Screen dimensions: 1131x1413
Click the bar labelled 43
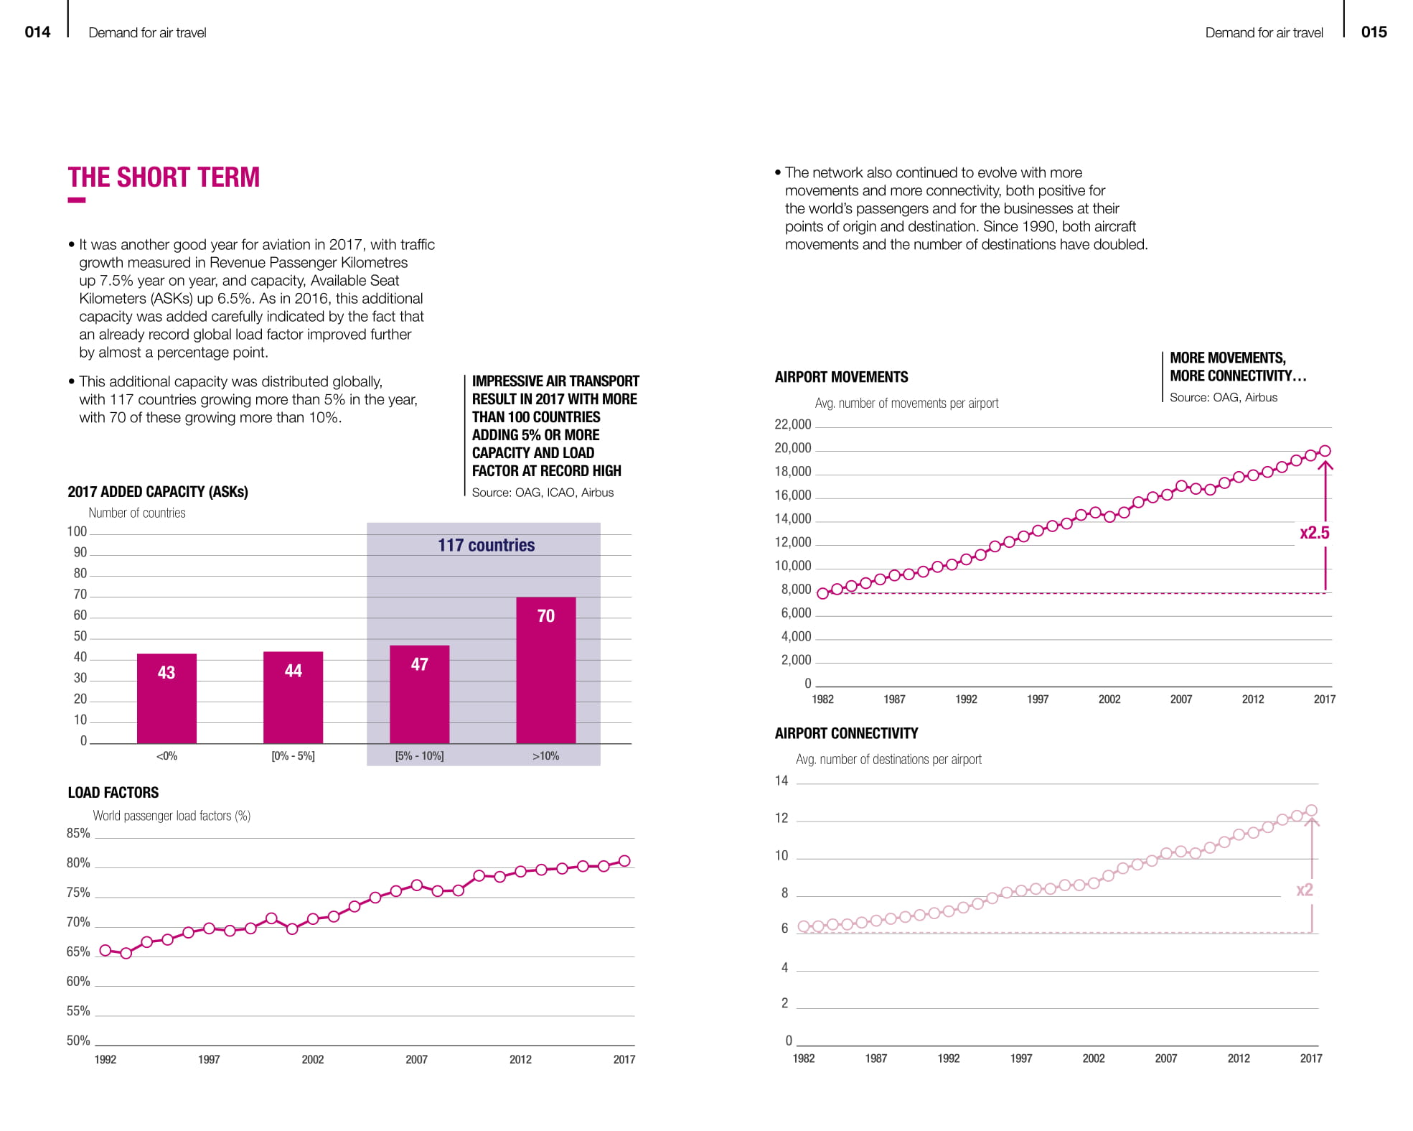pyautogui.click(x=166, y=698)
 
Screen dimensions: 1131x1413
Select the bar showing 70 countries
pyautogui.click(x=545, y=669)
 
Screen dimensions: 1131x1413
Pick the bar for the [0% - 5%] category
pyautogui.click(x=293, y=697)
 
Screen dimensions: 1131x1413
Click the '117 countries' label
pyautogui.click(x=486, y=545)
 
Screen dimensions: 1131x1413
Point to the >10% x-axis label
pyautogui.click(x=545, y=755)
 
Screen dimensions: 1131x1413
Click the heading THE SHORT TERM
pyautogui.click(x=164, y=177)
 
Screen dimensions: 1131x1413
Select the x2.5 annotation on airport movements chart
pyautogui.click(x=1314, y=533)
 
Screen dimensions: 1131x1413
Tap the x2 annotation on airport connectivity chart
pyautogui.click(x=1304, y=890)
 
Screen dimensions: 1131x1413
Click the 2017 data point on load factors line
pyautogui.click(x=624, y=861)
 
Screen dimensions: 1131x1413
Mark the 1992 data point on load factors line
pyautogui.click(x=105, y=950)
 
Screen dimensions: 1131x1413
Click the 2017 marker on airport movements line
pyautogui.click(x=1325, y=451)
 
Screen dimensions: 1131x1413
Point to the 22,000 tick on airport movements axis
pyautogui.click(x=792, y=424)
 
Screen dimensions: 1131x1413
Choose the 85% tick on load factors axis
pyautogui.click(x=78, y=833)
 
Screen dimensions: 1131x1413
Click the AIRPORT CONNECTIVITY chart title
pyautogui.click(x=846, y=733)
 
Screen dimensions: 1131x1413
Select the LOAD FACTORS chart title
pyautogui.click(x=113, y=792)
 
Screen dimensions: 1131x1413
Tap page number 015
pyautogui.click(x=1374, y=32)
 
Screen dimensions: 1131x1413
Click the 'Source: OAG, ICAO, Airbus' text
pyautogui.click(x=543, y=493)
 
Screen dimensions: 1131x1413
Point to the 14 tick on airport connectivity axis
pyautogui.click(x=781, y=781)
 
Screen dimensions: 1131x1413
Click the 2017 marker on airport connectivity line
pyautogui.click(x=1311, y=810)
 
